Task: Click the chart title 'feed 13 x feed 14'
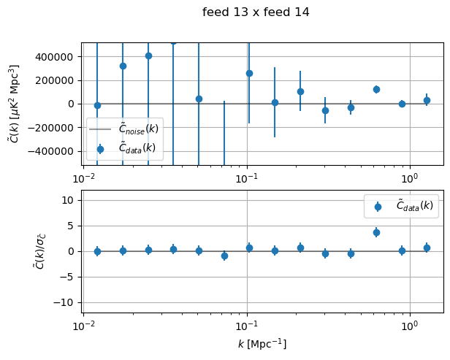(x=256, y=12)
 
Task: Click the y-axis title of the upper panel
(x=14, y=104)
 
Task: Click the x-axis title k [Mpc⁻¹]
(x=262, y=344)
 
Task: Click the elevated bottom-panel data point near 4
(x=376, y=232)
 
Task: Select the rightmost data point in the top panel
(x=427, y=100)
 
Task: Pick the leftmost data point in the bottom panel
(x=97, y=251)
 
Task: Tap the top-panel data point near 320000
(x=123, y=66)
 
